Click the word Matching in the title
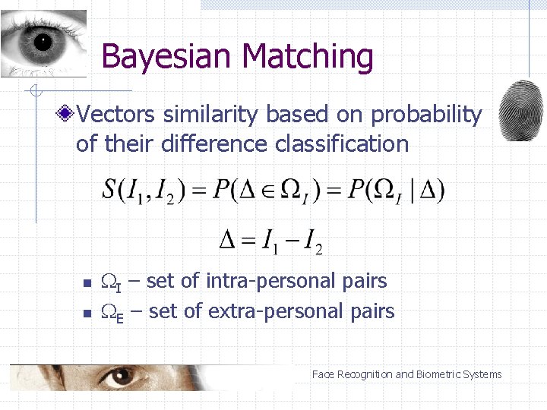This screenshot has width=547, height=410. (x=308, y=58)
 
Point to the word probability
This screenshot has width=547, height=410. (x=426, y=115)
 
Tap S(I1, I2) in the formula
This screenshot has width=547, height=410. (x=149, y=190)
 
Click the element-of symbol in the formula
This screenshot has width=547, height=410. (x=263, y=190)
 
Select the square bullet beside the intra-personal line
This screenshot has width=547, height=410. (x=87, y=283)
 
